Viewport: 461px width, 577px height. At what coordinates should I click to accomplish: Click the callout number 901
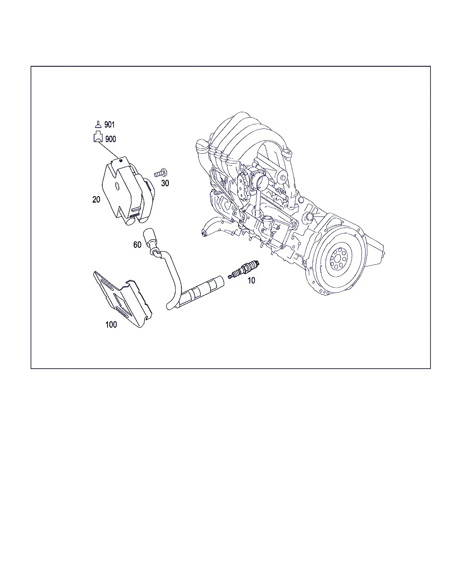pyautogui.click(x=109, y=124)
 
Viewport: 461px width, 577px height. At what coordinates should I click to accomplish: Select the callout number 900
pyautogui.click(x=110, y=139)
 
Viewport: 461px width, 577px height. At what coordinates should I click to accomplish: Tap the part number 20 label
pyautogui.click(x=96, y=200)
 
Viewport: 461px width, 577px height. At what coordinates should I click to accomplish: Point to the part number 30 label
pyautogui.click(x=165, y=183)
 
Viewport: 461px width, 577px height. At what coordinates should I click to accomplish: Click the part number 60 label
pyautogui.click(x=137, y=244)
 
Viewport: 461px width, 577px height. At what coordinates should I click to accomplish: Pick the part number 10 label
pyautogui.click(x=251, y=280)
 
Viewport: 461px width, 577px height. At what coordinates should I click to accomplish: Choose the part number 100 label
pyautogui.click(x=111, y=325)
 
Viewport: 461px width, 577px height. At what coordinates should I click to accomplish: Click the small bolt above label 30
pyautogui.click(x=161, y=173)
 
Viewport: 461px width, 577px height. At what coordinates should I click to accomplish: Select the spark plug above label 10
pyautogui.click(x=244, y=269)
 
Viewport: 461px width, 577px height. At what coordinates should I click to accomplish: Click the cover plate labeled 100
pyautogui.click(x=122, y=299)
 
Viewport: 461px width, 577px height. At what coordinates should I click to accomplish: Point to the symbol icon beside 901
pyautogui.click(x=98, y=124)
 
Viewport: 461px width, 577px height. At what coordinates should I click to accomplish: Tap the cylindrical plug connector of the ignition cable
pyautogui.click(x=202, y=291)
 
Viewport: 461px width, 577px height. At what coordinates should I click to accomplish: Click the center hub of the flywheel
pyautogui.click(x=338, y=258)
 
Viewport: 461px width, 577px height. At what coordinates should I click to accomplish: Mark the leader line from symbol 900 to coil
pyautogui.click(x=108, y=150)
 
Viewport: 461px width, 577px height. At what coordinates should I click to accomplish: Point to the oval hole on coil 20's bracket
pyautogui.click(x=117, y=186)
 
